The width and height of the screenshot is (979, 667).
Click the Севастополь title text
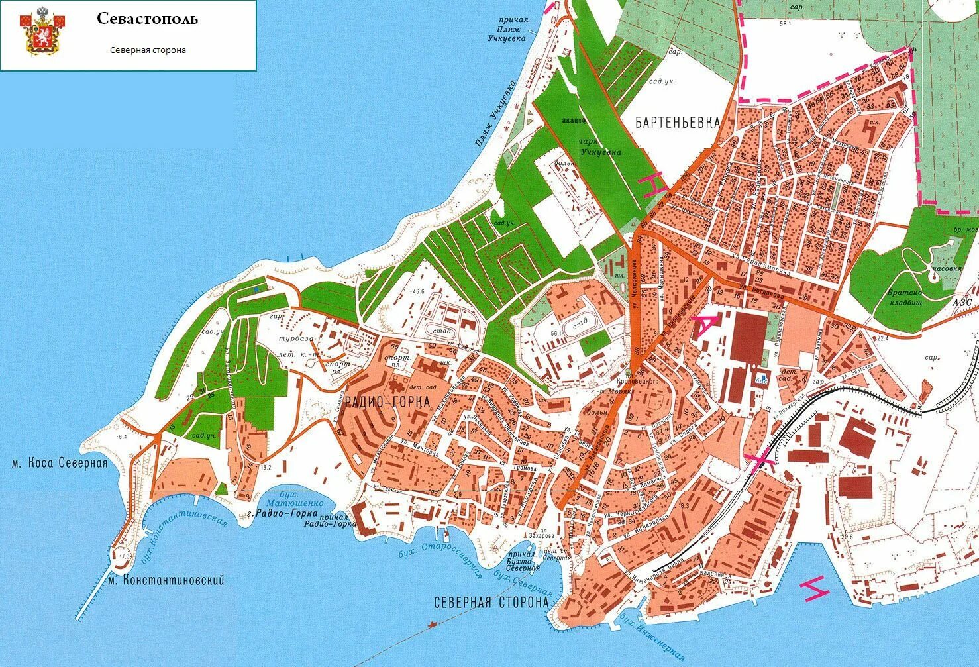click(x=147, y=19)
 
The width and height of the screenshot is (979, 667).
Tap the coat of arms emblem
click(x=41, y=33)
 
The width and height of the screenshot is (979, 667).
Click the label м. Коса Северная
click(x=60, y=463)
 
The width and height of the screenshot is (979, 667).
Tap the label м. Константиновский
click(x=166, y=580)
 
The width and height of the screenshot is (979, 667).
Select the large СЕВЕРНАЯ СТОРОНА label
click(x=491, y=603)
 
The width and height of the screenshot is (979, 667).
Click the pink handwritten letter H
click(x=653, y=183)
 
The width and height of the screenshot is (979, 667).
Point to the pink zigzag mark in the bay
click(x=815, y=588)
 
